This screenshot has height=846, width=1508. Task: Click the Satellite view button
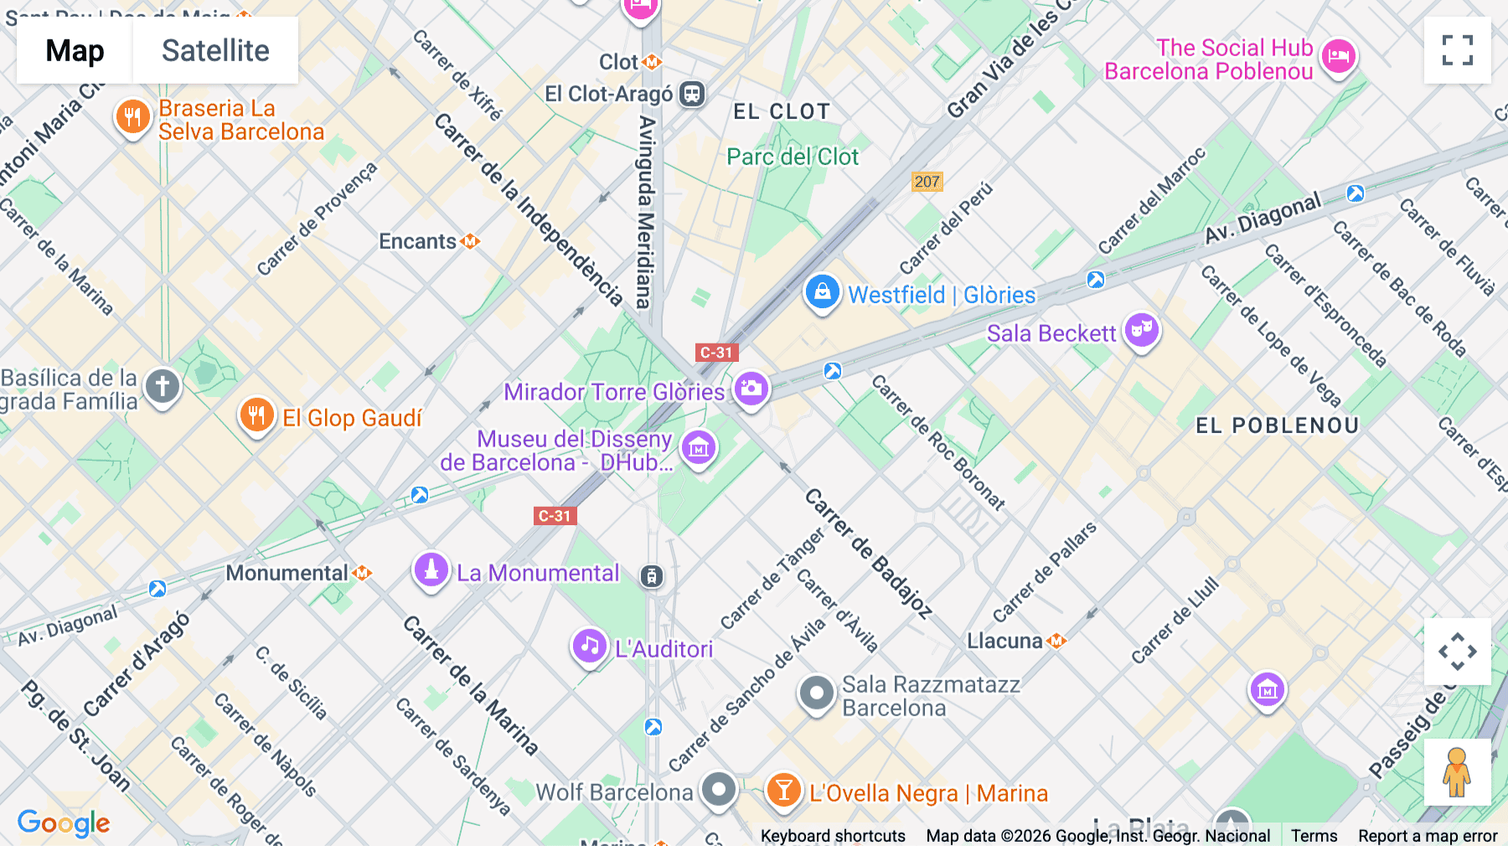coord(215,50)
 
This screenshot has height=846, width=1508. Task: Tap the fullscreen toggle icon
coord(1457,50)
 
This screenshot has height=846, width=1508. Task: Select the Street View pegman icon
coord(1457,772)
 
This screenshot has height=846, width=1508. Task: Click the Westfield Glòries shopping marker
coord(822,293)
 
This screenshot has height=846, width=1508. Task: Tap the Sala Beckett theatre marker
coord(1141,331)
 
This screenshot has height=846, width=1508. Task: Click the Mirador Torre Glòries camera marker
coord(751,389)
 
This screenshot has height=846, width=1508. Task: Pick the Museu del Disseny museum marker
coord(699,448)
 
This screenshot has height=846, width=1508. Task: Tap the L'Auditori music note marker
coord(590,647)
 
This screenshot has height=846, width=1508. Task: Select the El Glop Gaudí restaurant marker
coord(257,415)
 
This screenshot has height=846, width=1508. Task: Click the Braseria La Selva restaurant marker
coord(132,117)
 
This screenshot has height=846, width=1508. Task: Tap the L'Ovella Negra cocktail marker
coord(784,791)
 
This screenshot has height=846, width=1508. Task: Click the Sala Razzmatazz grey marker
coord(816,694)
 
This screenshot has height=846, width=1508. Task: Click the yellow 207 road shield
coord(927,182)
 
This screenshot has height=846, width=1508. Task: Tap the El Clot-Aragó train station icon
coord(692,94)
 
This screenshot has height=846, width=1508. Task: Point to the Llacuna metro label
coord(1005,641)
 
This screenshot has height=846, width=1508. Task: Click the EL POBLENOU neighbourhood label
coord(1277,426)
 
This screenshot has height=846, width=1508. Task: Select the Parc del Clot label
coord(793,157)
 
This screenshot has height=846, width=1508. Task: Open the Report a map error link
coord(1428,835)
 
